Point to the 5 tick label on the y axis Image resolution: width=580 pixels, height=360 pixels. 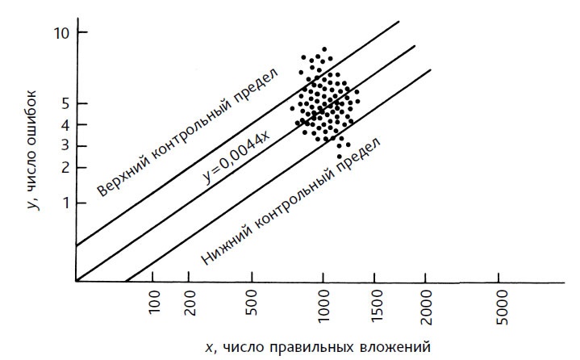pyautogui.click(x=62, y=103)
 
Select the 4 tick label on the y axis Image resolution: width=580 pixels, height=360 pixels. pyautogui.click(x=62, y=125)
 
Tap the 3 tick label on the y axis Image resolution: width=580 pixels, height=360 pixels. pyautogui.click(x=62, y=146)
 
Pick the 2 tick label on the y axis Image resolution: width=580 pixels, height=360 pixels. pyautogui.click(x=62, y=167)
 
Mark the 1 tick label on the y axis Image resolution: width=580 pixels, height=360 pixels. pyautogui.click(x=62, y=203)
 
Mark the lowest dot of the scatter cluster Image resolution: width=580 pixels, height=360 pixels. pyautogui.click(x=339, y=156)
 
